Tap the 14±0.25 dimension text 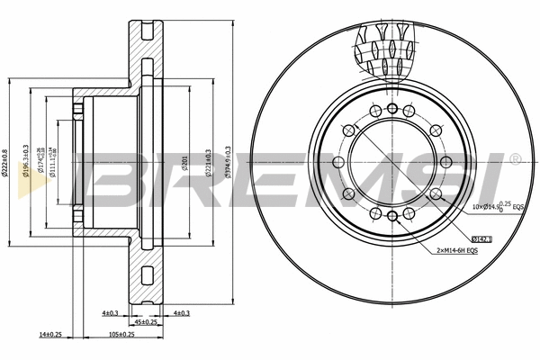[x=49, y=334]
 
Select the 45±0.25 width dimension [x=145, y=322]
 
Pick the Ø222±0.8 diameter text [x=5, y=167]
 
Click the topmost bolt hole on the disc [x=391, y=108]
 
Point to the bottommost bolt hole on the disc [x=391, y=216]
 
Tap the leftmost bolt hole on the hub [x=337, y=162]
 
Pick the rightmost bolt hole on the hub [x=445, y=162]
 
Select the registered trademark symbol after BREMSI [x=514, y=158]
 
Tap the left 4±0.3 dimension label [x=111, y=312]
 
